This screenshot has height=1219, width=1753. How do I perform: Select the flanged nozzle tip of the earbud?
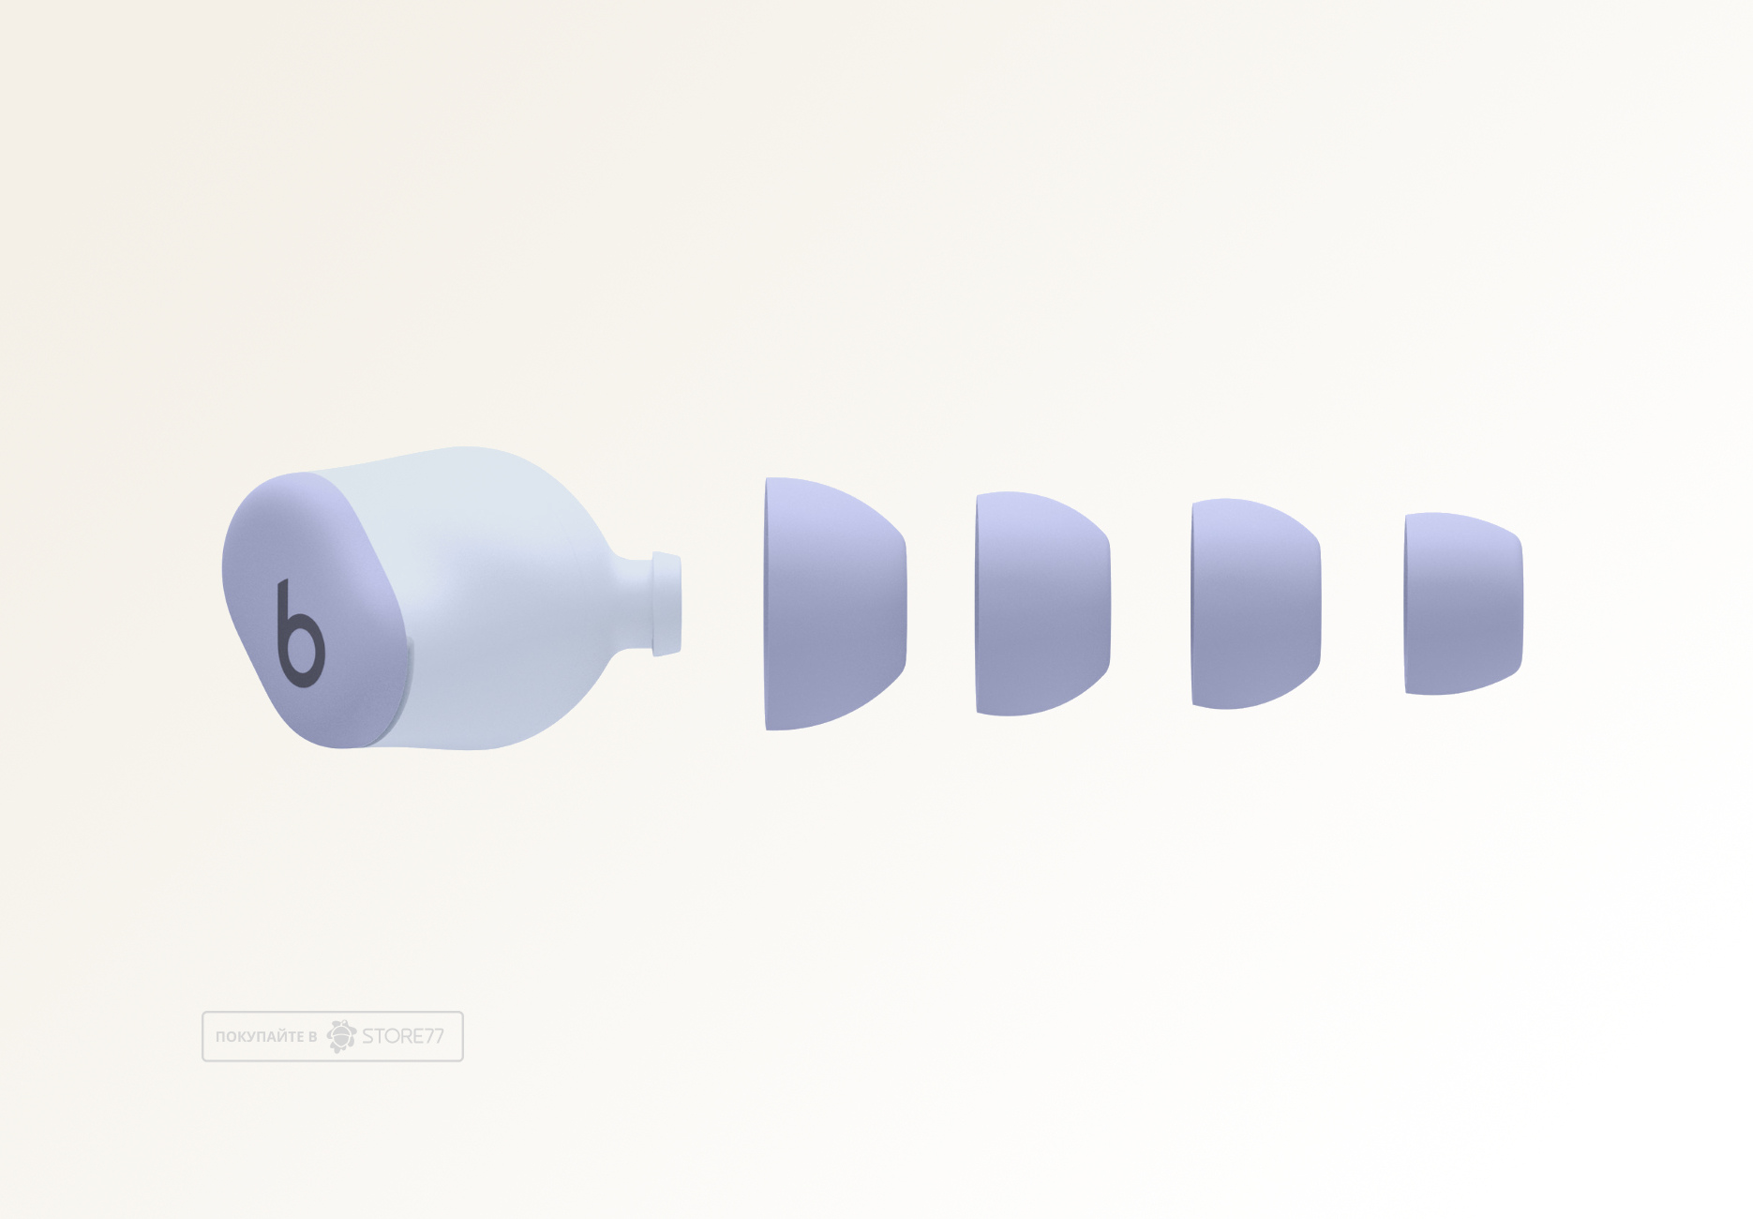[x=667, y=604]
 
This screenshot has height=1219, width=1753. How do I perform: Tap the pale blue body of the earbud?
[x=487, y=600]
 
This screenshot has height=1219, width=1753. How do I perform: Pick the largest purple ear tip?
[x=835, y=604]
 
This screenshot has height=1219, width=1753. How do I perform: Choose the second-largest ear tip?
[x=1042, y=604]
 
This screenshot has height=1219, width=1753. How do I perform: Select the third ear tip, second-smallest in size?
[x=1256, y=604]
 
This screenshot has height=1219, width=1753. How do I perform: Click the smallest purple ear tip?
[x=1463, y=604]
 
